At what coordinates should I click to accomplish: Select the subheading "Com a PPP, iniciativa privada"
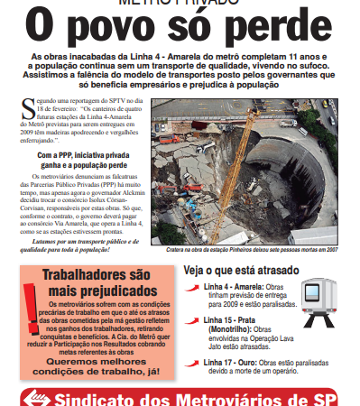point(88,154)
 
